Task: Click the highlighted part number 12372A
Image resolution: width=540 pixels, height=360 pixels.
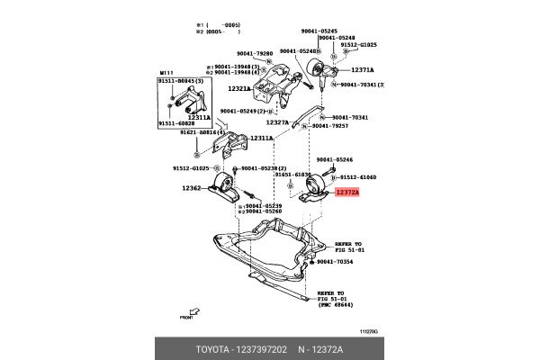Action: click(x=346, y=192)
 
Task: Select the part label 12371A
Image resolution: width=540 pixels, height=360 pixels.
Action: click(x=362, y=69)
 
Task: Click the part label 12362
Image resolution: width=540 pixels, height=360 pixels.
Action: click(x=192, y=188)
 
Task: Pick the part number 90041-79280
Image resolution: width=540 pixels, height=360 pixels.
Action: click(x=256, y=53)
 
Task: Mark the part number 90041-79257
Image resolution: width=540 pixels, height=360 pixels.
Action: click(x=352, y=127)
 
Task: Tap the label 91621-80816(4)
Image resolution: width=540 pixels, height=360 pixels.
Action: click(x=202, y=132)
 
